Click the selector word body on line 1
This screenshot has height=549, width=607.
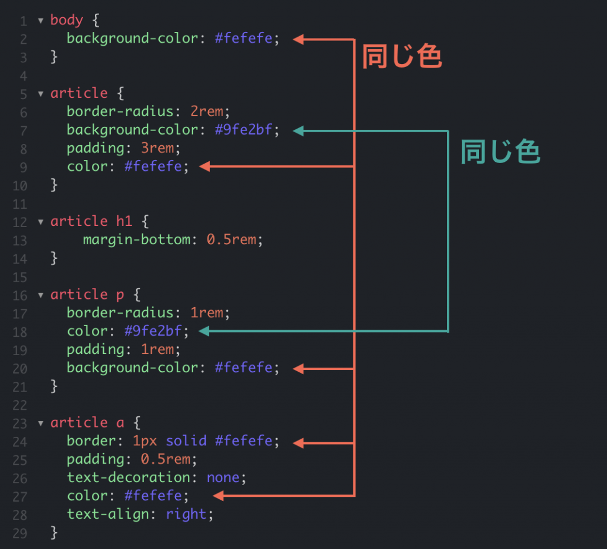click(x=66, y=20)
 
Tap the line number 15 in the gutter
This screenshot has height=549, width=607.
click(x=20, y=277)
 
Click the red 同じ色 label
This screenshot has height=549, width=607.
click(x=402, y=56)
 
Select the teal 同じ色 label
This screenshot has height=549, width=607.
click(x=500, y=151)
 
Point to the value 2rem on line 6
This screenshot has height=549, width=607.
click(x=207, y=111)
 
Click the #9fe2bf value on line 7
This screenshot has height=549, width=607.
click(x=244, y=130)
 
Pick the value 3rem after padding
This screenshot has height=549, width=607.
click(x=157, y=148)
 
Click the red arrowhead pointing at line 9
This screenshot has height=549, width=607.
click(x=205, y=167)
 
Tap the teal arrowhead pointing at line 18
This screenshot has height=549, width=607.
click(x=204, y=331)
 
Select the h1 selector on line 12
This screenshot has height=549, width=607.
click(x=124, y=221)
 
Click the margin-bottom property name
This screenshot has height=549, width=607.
click(x=137, y=240)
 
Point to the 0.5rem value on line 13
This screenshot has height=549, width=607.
click(x=231, y=240)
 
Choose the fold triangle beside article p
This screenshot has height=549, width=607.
click(x=41, y=295)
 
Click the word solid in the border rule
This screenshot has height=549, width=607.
click(x=186, y=441)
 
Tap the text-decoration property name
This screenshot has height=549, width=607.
click(x=129, y=477)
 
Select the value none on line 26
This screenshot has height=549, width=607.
click(x=223, y=477)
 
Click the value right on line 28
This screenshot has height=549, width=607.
click(x=186, y=514)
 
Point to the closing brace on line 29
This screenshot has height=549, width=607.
click(x=54, y=533)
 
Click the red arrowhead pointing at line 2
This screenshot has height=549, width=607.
click(x=299, y=39)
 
